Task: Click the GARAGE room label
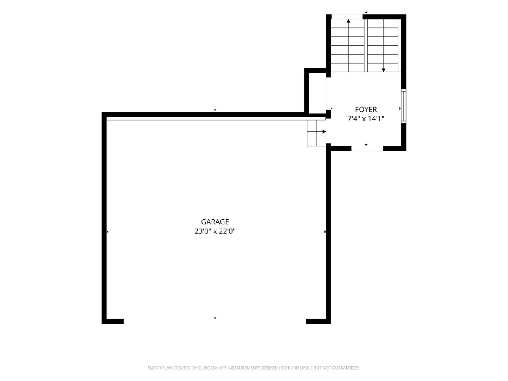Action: (215, 222)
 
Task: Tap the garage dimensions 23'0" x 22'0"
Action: (215, 231)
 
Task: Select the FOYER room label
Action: (366, 109)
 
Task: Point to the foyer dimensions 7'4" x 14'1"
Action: (366, 119)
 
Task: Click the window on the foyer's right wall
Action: (403, 106)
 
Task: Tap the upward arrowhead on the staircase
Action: (348, 21)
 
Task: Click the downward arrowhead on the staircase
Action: (384, 70)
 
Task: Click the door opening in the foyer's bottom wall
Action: (367, 149)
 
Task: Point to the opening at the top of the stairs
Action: (347, 17)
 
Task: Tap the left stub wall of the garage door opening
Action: (113, 321)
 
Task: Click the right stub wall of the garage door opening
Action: (318, 321)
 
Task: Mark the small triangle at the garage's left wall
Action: (108, 232)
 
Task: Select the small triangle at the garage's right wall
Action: (325, 232)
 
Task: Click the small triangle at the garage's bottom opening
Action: (215, 318)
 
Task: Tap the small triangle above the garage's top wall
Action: (215, 110)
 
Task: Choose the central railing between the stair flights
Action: (366, 45)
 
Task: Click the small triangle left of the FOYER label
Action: (331, 108)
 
